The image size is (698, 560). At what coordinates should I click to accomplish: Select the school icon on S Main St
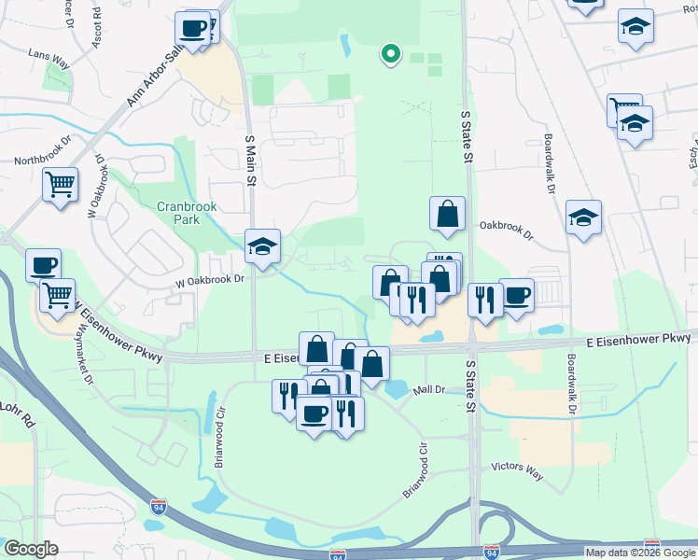point(262,246)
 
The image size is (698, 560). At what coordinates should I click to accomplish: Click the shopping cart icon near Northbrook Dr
point(60,183)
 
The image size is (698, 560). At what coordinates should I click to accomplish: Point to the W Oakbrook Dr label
point(209,278)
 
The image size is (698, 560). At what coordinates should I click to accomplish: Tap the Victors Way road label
point(518,472)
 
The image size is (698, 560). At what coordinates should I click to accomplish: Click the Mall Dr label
point(434,389)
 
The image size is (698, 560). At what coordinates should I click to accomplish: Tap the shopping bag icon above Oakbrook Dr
point(448,213)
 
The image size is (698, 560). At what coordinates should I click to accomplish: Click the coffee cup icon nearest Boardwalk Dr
point(516,296)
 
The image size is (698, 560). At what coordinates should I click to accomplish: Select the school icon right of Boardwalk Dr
point(583,219)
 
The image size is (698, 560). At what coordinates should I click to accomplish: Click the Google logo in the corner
point(31,549)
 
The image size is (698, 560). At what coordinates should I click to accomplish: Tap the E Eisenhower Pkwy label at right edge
point(639,343)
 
